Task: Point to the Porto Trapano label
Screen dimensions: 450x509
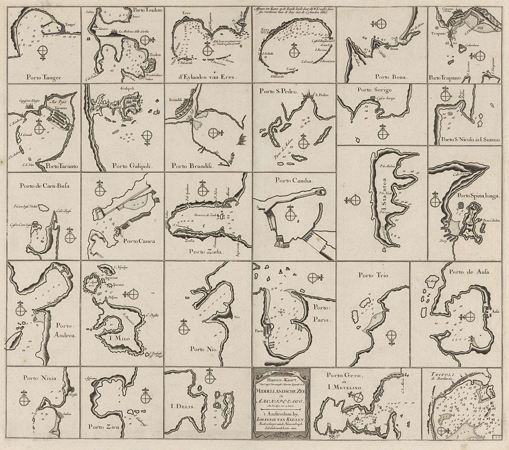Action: [x=445, y=77]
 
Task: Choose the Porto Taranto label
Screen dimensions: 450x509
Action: [x=58, y=165]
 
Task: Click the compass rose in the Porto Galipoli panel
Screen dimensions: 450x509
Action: [x=148, y=135]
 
